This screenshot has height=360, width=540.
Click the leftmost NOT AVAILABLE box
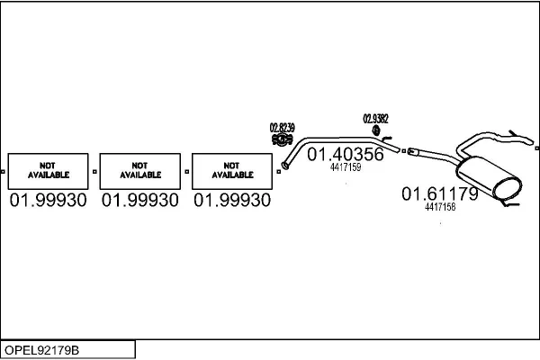click(x=48, y=171)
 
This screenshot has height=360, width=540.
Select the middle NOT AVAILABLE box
click(x=139, y=171)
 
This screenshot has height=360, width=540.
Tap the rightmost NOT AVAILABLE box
click(x=232, y=171)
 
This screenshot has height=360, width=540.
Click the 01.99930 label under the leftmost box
click(x=49, y=200)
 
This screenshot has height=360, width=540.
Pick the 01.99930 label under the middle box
click(x=140, y=200)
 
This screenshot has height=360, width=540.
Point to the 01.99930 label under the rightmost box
click(x=232, y=200)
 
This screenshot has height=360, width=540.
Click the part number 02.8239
click(x=282, y=128)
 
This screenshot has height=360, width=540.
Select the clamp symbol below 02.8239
click(x=282, y=139)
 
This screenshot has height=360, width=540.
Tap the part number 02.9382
click(x=375, y=119)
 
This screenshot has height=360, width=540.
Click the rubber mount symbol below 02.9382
click(x=376, y=130)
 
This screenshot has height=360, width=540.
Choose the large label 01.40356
click(x=346, y=154)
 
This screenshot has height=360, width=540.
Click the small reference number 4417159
click(x=346, y=167)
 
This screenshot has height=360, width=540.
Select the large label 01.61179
click(x=440, y=193)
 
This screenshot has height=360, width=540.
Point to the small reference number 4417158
click(x=440, y=207)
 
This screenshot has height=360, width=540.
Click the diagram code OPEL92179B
click(x=41, y=350)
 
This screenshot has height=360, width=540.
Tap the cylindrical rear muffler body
click(x=489, y=178)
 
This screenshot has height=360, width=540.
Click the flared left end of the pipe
click(x=285, y=166)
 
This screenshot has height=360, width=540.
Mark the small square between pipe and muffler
click(x=403, y=151)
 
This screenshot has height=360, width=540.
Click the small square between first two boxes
click(x=94, y=172)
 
